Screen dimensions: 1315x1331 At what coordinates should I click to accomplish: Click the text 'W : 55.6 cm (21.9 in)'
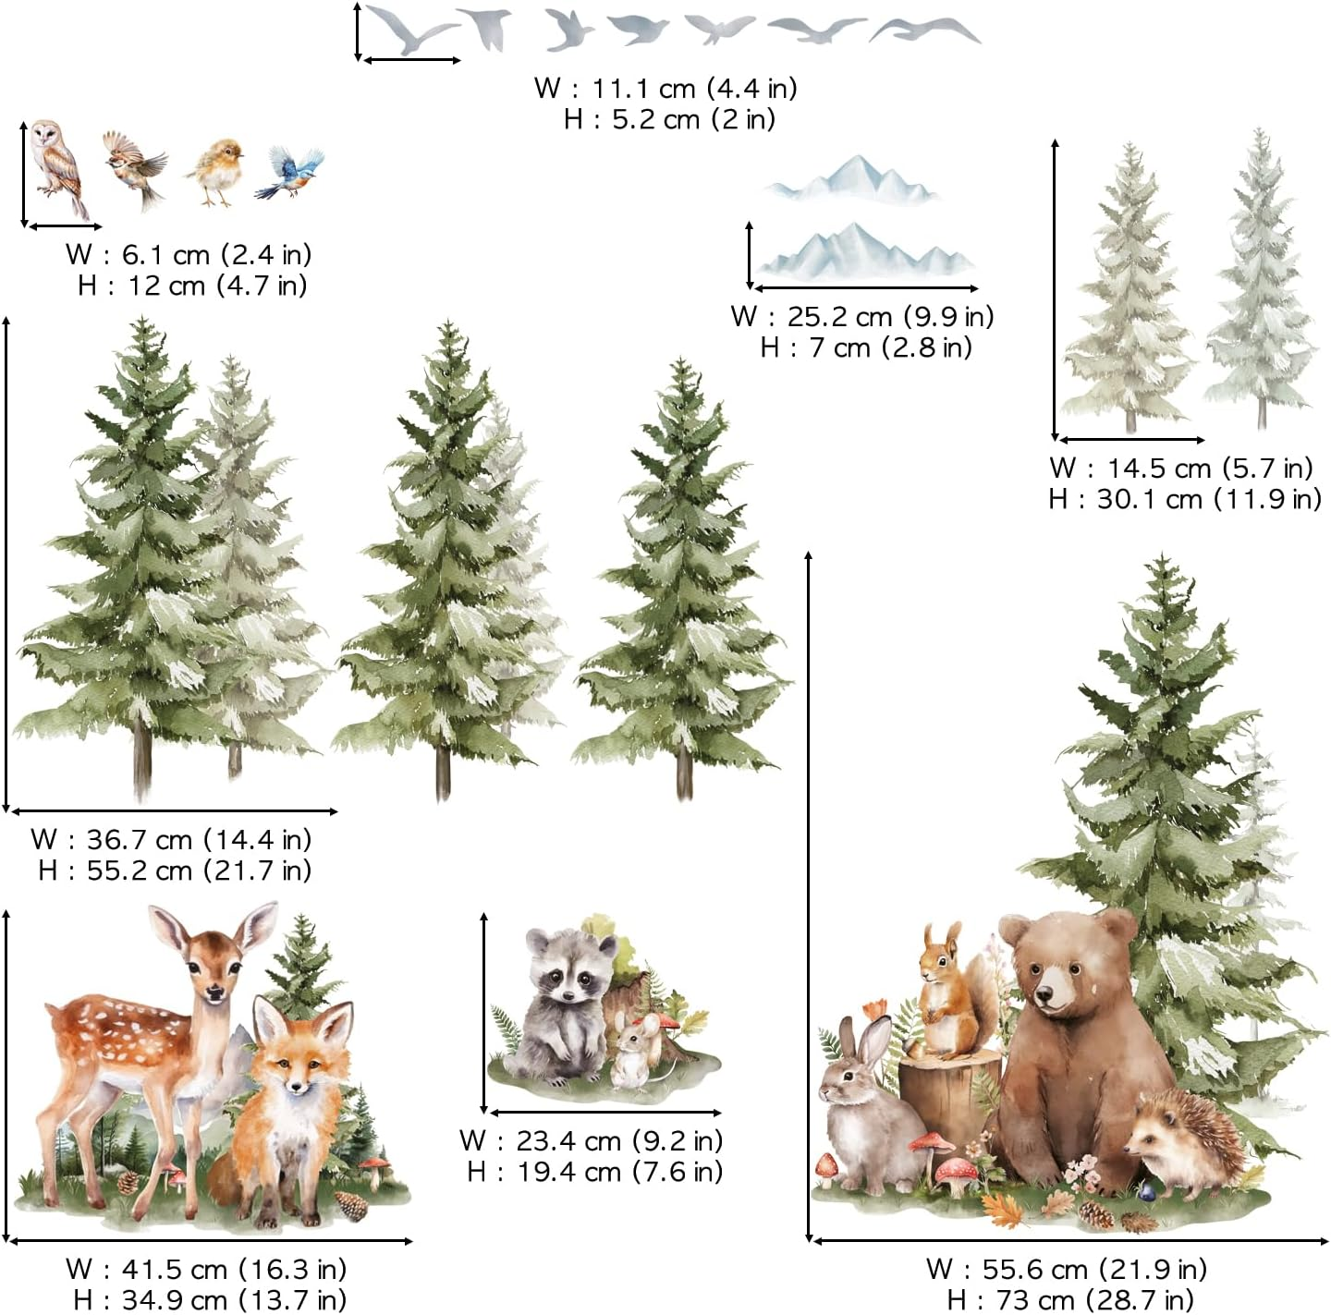1067,1268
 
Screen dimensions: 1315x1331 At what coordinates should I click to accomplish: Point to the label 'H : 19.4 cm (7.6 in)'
594,1172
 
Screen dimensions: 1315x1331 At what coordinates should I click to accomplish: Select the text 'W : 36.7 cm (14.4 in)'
171,839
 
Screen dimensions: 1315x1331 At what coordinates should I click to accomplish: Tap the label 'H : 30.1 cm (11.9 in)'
1184,499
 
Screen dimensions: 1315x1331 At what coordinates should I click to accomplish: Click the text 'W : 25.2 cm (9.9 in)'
861,316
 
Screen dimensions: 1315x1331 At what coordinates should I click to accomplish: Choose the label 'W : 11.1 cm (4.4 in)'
665,88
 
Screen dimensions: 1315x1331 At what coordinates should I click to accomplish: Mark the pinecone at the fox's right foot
351,1205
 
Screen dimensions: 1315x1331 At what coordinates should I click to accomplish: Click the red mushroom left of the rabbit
825,1166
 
